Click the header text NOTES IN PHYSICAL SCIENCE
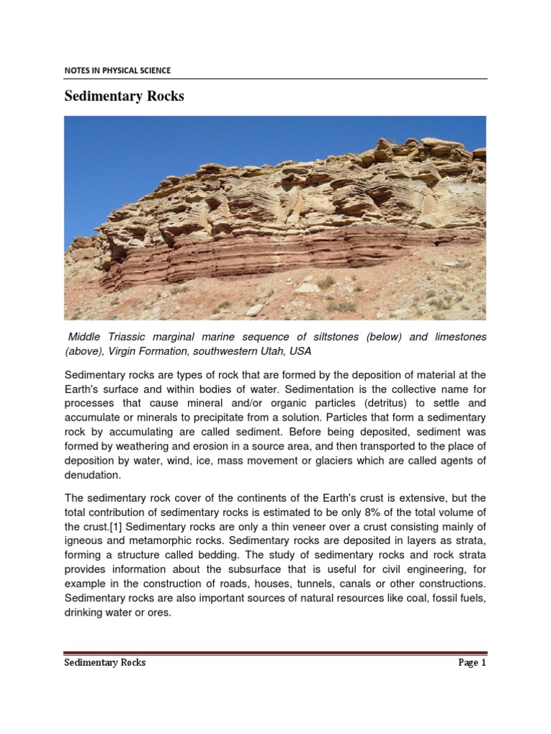point(118,70)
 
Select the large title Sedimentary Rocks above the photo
point(124,96)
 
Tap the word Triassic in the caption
point(141,337)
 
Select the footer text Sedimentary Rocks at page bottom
point(105,663)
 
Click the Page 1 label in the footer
point(472,663)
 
